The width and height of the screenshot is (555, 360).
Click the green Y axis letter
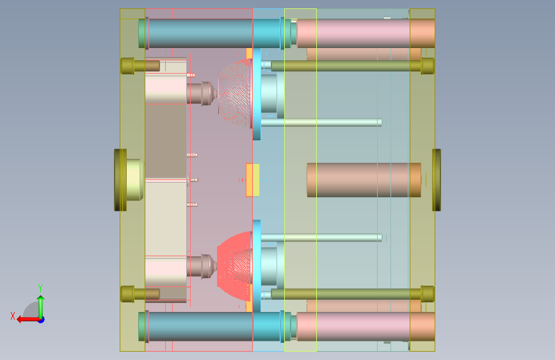[40, 288]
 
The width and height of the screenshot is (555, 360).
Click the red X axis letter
[13, 316]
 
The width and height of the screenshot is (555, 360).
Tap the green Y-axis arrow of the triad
[41, 307]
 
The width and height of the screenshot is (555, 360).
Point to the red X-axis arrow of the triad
[29, 320]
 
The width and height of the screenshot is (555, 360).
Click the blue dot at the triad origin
[42, 320]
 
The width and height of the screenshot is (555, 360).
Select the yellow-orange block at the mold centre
[253, 179]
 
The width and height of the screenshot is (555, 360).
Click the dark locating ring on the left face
[120, 180]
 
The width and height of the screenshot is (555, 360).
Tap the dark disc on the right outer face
[437, 180]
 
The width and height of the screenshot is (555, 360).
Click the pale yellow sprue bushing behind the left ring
[135, 180]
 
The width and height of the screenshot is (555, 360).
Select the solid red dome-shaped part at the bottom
[234, 266]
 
